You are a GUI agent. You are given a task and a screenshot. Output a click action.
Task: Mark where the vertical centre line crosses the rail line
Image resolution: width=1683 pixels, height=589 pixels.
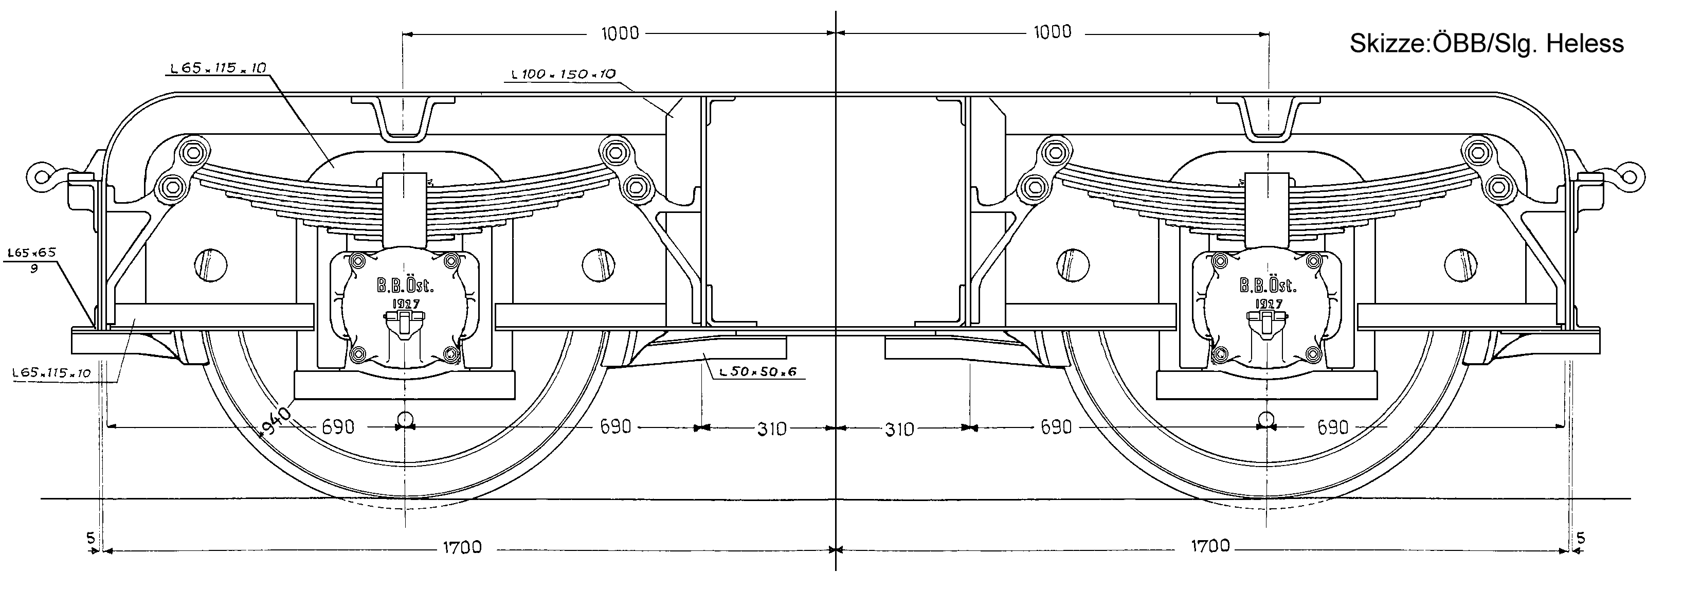[836, 499]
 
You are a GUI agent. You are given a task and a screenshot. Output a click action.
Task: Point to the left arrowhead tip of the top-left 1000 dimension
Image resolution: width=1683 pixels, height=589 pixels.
[403, 33]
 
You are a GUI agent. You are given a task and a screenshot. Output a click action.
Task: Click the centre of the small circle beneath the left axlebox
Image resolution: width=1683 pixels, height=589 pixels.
[405, 418]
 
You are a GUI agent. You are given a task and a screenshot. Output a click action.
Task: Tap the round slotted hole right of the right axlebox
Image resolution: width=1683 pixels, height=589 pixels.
[1459, 265]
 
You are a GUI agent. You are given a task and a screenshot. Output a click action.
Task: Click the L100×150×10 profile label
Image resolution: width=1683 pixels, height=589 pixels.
[563, 74]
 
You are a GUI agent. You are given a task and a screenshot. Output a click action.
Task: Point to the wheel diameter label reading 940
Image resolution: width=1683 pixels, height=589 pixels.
[275, 420]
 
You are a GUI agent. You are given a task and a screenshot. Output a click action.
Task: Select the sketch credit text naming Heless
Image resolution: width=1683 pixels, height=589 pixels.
[1487, 44]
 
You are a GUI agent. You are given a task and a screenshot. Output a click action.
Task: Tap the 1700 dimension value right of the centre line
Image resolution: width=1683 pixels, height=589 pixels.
[1210, 546]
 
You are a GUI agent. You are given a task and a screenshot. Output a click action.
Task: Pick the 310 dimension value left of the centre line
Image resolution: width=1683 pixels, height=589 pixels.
[772, 429]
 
